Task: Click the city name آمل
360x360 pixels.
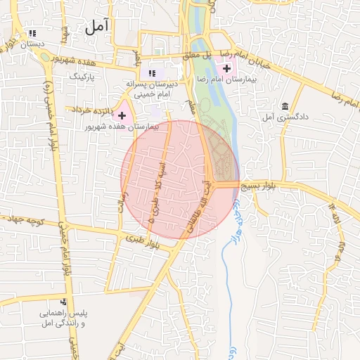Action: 97,28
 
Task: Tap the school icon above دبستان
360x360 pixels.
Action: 32,33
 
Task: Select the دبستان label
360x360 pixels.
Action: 32,44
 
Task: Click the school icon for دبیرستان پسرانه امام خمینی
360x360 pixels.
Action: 152,72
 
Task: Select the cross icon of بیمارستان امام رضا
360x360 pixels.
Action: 226,68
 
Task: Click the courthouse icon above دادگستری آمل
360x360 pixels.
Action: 285,106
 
